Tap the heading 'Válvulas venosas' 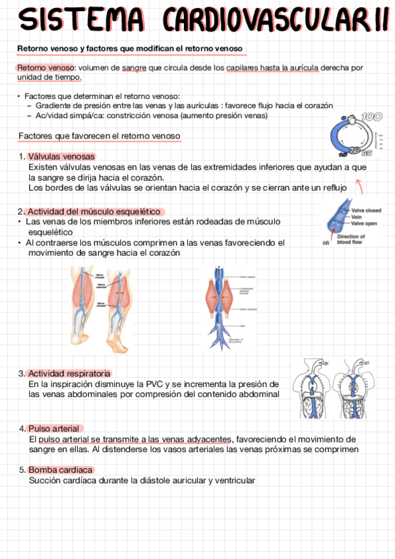pos(62,157)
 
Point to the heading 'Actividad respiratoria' pos(69,373)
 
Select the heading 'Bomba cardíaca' pos(60,470)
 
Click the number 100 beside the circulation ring pos(371,117)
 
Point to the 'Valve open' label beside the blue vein pos(363,223)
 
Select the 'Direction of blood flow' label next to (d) pos(351,239)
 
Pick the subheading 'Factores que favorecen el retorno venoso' pos(100,136)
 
